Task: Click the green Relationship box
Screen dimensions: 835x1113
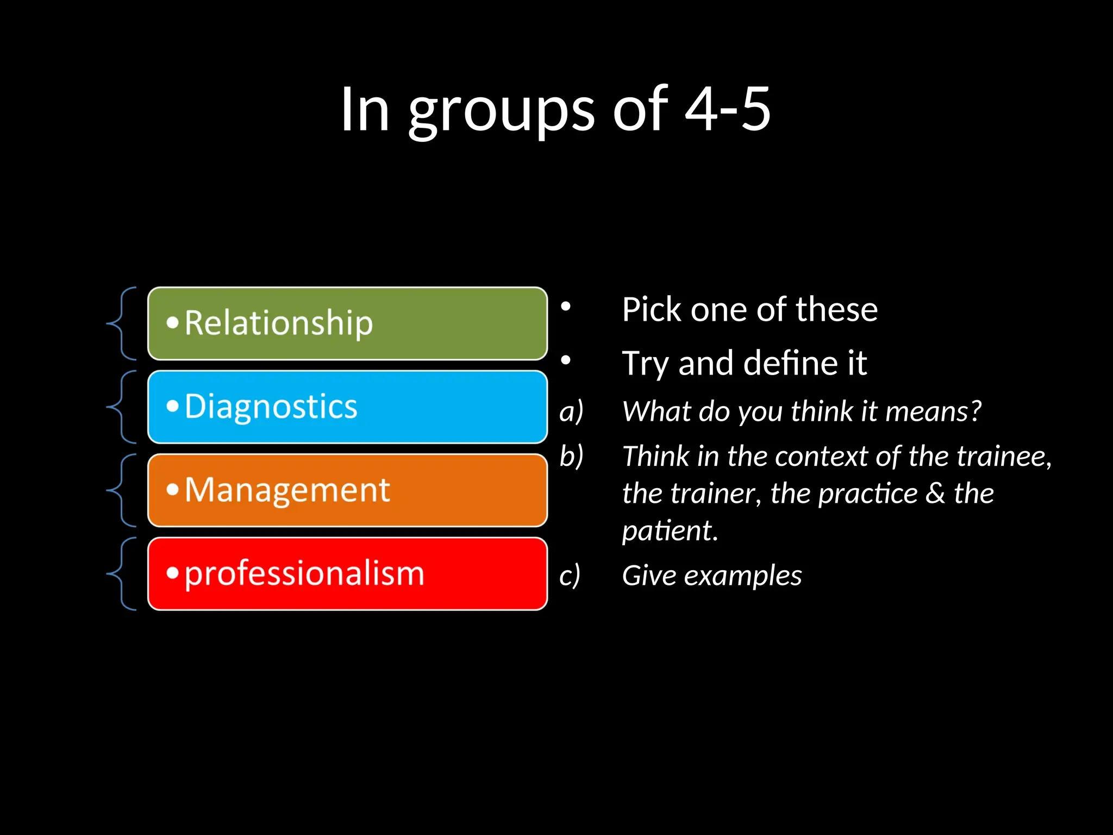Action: coord(348,323)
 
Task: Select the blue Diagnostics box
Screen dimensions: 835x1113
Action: coord(348,407)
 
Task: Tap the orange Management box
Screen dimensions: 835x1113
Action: coord(348,490)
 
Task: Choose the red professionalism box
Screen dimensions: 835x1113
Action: coord(348,574)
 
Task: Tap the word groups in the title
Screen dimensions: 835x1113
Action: coord(501,111)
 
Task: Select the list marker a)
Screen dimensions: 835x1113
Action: coord(571,411)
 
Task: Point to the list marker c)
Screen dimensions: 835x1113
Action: coord(570,575)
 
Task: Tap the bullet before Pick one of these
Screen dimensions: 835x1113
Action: coord(566,307)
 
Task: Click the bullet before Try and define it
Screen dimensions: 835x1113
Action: coord(566,360)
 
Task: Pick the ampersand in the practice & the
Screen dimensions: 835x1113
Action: coord(935,494)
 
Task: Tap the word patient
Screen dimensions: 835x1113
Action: coord(670,531)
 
